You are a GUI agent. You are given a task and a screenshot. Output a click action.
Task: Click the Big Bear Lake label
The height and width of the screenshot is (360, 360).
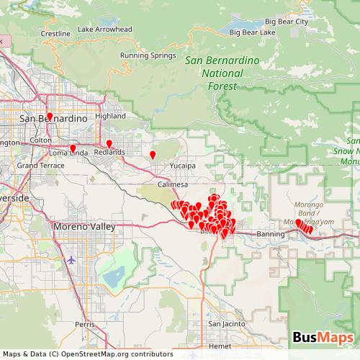point(252,33)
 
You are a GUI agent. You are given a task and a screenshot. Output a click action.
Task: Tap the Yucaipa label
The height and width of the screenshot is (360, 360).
point(183,165)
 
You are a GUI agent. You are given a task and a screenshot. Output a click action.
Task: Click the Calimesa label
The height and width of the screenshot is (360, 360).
point(173,185)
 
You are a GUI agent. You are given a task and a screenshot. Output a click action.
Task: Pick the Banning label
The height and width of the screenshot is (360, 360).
point(271,234)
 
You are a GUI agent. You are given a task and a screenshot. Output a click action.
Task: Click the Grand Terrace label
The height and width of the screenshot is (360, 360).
point(37,166)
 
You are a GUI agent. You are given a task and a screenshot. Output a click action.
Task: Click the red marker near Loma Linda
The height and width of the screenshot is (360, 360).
point(73,148)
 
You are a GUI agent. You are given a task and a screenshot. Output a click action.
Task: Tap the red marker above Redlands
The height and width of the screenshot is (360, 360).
point(109,143)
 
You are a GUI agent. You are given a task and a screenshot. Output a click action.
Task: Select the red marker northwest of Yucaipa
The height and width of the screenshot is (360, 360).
point(152,154)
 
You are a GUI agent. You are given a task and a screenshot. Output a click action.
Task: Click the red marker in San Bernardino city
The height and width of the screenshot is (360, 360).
point(50,115)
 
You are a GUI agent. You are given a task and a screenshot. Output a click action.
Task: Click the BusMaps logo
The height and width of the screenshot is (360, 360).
point(323,338)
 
